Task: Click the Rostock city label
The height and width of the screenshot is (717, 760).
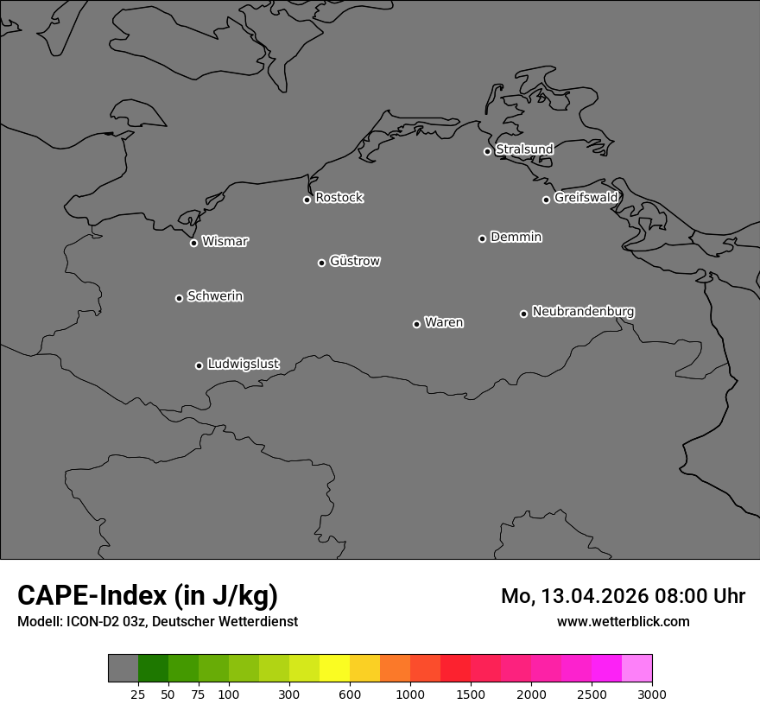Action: pos(339,198)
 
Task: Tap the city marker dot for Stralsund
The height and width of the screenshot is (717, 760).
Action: pos(487,151)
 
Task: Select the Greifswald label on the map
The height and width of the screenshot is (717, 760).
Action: pos(586,198)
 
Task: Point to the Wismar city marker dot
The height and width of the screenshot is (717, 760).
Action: pos(193,243)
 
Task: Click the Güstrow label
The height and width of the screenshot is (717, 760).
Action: pos(354,261)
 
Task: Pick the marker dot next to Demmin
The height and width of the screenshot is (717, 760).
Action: pos(482,238)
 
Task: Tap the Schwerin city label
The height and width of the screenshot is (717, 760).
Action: pos(215,296)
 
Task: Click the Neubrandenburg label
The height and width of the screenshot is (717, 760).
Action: pos(583,311)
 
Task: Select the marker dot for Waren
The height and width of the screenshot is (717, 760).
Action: pos(416,324)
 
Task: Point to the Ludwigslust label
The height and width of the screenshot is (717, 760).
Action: pos(243,364)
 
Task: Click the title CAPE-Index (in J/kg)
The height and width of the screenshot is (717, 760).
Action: pos(148,595)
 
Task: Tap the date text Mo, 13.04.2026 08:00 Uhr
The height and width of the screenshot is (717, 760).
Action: pos(623,596)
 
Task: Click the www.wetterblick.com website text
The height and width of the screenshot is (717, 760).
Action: pos(623,622)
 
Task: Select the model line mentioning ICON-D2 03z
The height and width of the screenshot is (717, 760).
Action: pos(157,622)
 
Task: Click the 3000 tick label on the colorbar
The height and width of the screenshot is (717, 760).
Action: pos(651,695)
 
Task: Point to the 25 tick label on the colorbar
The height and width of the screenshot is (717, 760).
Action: pos(137,695)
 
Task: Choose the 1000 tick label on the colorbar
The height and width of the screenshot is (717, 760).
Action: pos(410,695)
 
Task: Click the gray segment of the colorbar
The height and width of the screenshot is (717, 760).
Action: pos(123,669)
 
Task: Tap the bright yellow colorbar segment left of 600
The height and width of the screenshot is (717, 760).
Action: pos(334,669)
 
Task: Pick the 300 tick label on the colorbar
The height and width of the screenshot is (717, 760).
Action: pos(289,695)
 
